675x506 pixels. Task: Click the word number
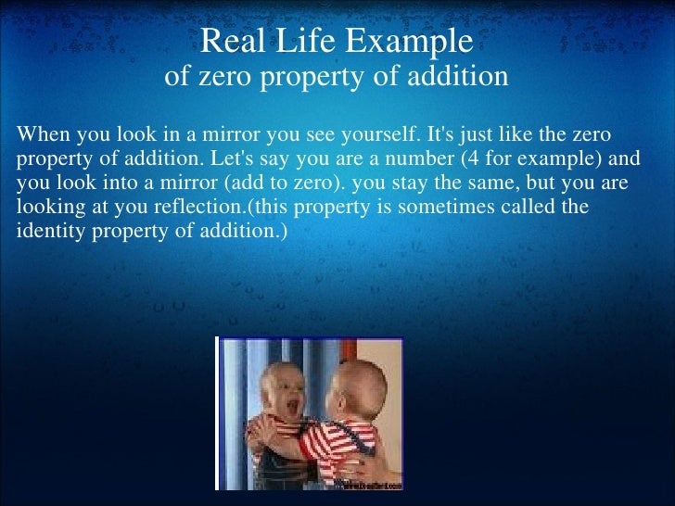click(x=414, y=158)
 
